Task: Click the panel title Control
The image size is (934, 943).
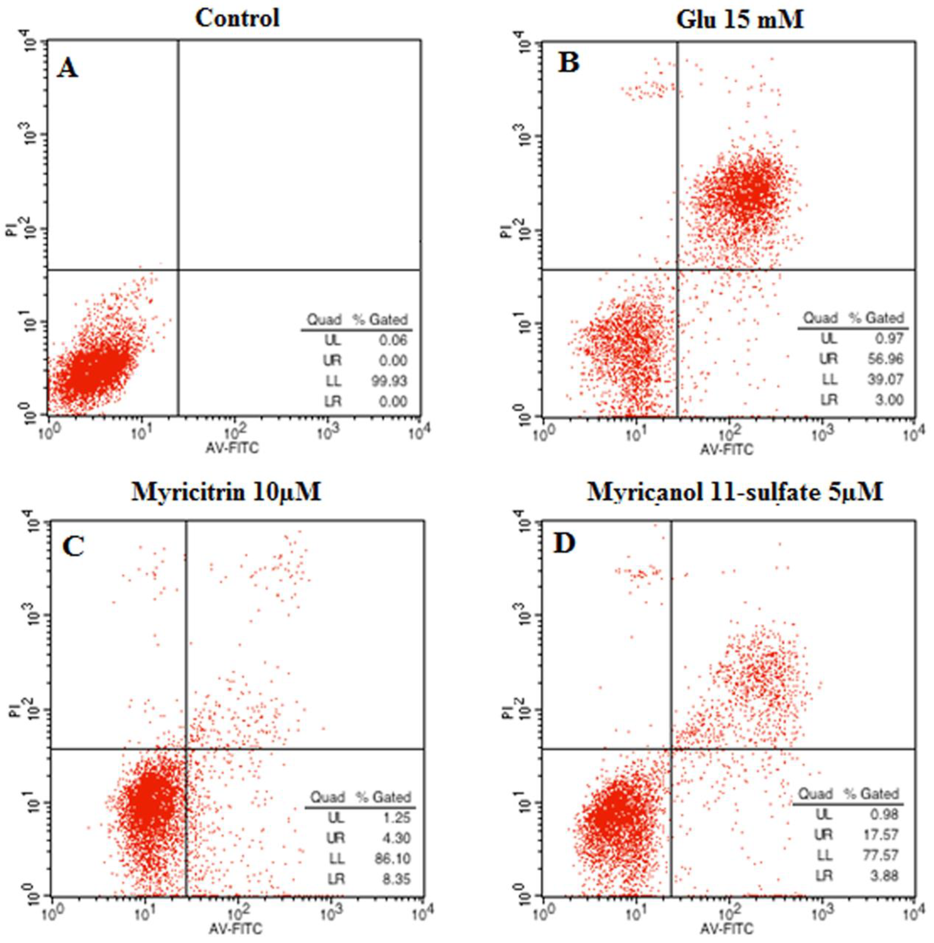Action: click(238, 19)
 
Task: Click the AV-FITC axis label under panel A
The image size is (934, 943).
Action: click(232, 447)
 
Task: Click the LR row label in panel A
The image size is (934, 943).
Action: click(333, 401)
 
